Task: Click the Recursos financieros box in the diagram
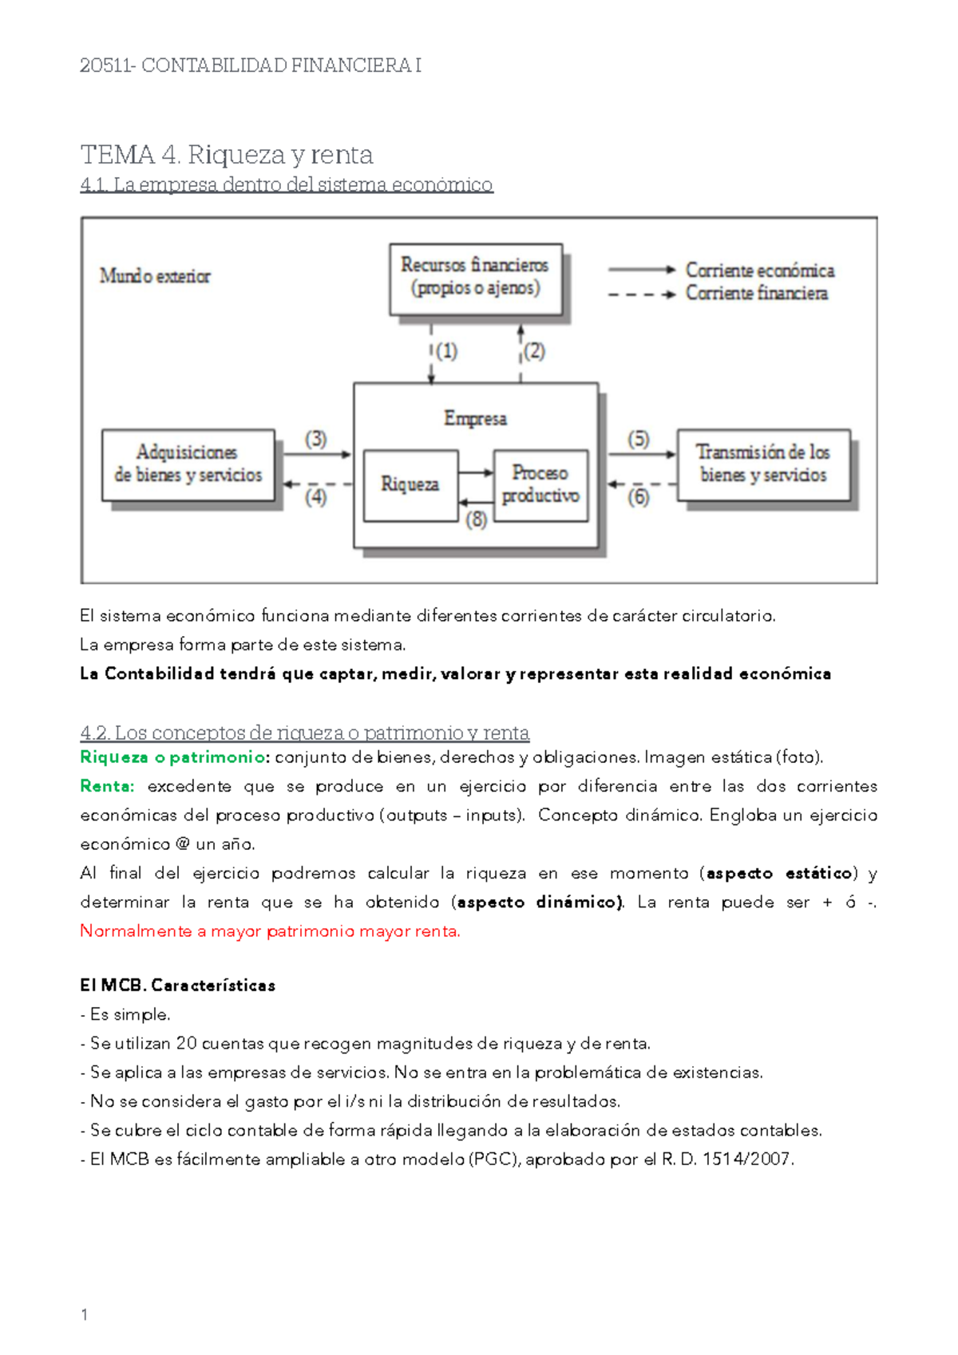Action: (476, 277)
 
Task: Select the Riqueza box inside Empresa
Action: (410, 484)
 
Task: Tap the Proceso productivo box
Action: (540, 484)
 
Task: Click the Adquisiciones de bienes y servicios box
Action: (188, 464)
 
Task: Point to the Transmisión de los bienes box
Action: (763, 464)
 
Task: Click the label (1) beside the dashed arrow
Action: (446, 351)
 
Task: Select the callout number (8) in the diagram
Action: (477, 520)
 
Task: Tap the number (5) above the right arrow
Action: (639, 439)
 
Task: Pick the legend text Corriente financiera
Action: (756, 294)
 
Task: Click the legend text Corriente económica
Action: (759, 271)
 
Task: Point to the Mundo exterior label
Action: (155, 276)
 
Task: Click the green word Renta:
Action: (107, 786)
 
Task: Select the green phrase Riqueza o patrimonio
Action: (172, 757)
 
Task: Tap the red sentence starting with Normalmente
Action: (270, 931)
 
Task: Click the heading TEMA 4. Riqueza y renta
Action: (227, 154)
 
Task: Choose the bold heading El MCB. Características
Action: (177, 986)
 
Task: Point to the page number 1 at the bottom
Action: (85, 1314)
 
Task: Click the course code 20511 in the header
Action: (106, 65)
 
